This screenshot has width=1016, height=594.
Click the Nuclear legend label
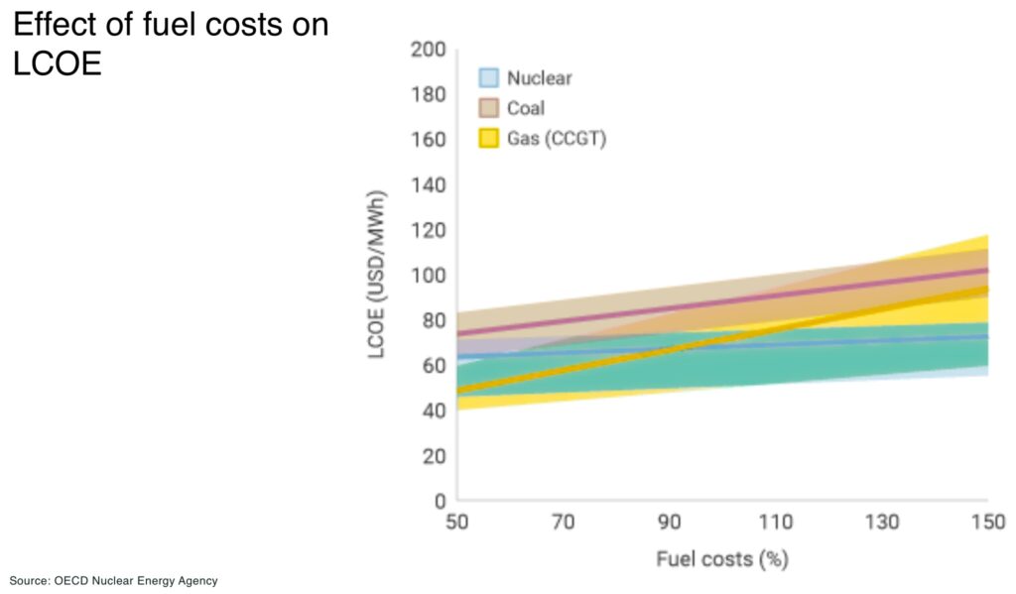pos(539,77)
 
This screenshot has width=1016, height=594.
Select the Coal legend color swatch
pos(489,108)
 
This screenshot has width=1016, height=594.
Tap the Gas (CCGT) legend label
pos(556,139)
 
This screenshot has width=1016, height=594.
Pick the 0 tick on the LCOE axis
pos(438,501)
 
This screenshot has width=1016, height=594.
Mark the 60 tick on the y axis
pos(434,365)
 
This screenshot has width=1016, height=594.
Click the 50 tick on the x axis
pos(457,523)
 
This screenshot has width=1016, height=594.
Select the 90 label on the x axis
pos(670,523)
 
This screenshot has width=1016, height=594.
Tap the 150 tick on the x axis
pos(987,523)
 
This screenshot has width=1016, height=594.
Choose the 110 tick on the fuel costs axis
pos(775,523)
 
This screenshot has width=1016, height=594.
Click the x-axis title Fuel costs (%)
pos(721,559)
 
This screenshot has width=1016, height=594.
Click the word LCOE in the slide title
pos(57,64)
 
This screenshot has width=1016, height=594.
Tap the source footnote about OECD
pos(113,580)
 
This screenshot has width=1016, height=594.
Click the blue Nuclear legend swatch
pos(489,77)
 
